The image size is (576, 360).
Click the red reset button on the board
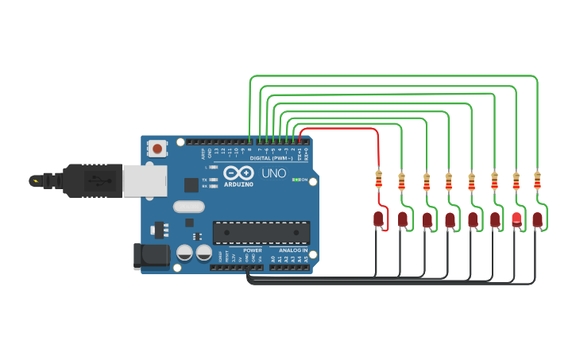pyautogui.click(x=158, y=148)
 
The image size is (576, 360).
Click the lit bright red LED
pyautogui.click(x=516, y=219)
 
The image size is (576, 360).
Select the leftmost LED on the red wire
pyautogui.click(x=378, y=219)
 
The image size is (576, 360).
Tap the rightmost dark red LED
pyautogui.click(x=538, y=219)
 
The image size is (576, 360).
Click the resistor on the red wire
pyautogui.click(x=378, y=180)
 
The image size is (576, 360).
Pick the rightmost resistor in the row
pyautogui.click(x=537, y=180)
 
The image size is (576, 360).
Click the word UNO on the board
pyautogui.click(x=273, y=173)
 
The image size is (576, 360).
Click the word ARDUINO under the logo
pyautogui.click(x=238, y=184)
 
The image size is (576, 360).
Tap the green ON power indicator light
pyautogui.click(x=295, y=180)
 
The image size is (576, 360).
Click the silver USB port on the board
pyautogui.click(x=145, y=180)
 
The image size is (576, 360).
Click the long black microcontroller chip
pyautogui.click(x=261, y=233)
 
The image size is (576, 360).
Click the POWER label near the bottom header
pyautogui.click(x=253, y=250)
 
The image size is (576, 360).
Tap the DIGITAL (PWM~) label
pyautogui.click(x=272, y=158)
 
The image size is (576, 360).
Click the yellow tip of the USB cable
pyautogui.click(x=34, y=180)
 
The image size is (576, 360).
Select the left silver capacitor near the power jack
pyautogui.click(x=184, y=253)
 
